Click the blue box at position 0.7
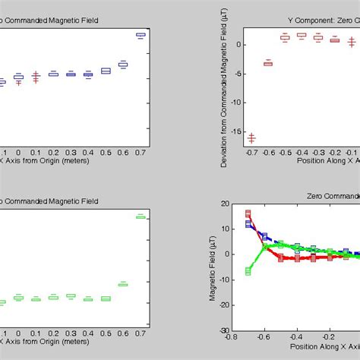tap(140, 34)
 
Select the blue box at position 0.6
tap(122, 65)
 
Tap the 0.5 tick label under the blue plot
tap(106, 152)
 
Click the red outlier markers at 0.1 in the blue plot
tap(36, 77)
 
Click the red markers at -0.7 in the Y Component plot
tap(251, 137)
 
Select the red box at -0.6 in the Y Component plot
tap(268, 63)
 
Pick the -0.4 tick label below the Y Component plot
tap(301, 152)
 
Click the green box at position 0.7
tap(140, 216)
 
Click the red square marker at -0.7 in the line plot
tap(248, 214)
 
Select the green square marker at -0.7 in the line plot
tap(248, 270)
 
